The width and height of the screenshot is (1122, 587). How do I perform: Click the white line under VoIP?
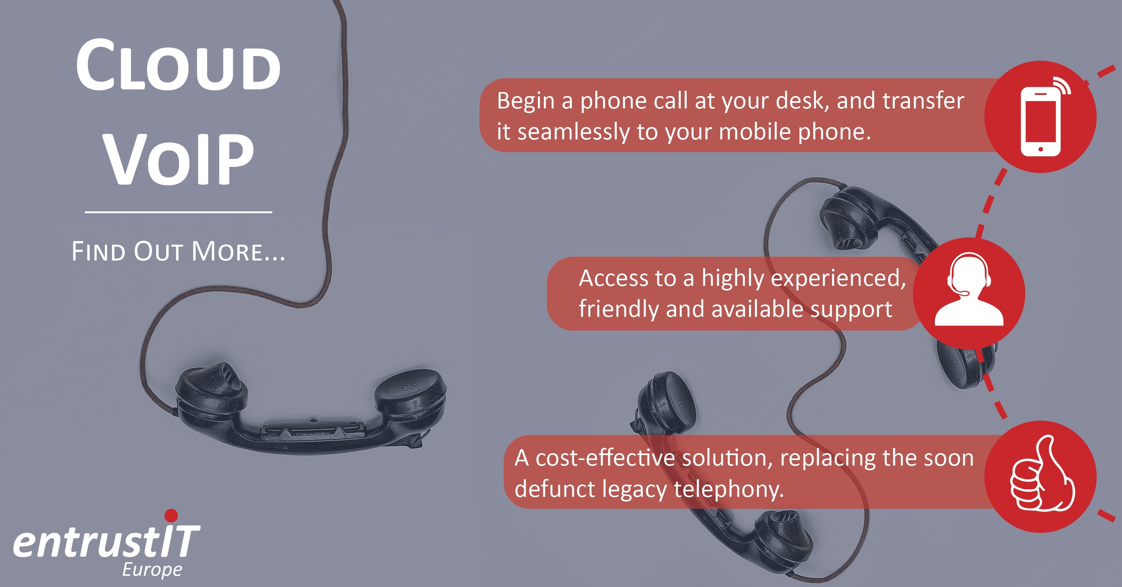click(x=178, y=212)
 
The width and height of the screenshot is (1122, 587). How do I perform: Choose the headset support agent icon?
click(x=969, y=289)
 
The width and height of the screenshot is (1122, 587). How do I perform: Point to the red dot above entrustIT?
click(x=171, y=515)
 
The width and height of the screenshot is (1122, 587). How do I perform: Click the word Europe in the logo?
click(x=152, y=570)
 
